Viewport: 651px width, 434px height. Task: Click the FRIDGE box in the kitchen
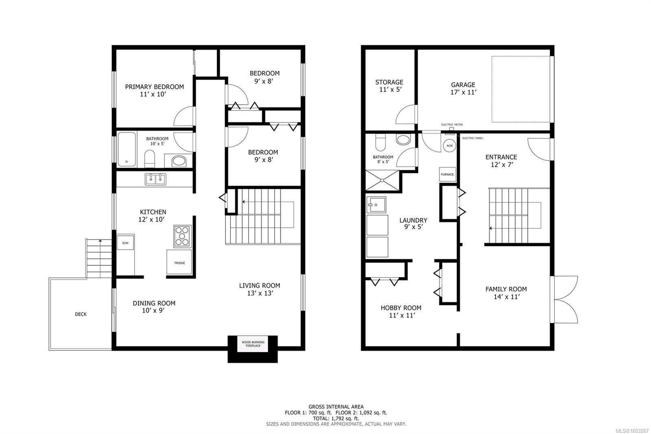point(179,263)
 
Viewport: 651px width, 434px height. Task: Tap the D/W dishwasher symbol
point(126,243)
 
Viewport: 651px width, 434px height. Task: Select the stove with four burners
point(182,236)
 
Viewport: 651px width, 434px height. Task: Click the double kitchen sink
point(155,179)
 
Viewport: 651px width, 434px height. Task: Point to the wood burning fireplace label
point(253,344)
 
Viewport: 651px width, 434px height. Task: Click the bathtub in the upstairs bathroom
point(127,149)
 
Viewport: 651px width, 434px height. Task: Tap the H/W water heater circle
point(450,145)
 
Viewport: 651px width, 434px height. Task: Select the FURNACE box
point(447,174)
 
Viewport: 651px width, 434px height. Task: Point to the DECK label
point(81,314)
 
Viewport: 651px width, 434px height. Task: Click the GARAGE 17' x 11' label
point(463,88)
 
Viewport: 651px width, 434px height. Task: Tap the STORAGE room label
point(389,85)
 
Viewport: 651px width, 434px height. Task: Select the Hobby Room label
point(401,311)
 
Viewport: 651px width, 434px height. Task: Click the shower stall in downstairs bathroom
point(382,180)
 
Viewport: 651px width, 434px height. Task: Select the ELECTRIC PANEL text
point(472,138)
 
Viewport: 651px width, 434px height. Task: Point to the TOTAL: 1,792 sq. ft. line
point(336,418)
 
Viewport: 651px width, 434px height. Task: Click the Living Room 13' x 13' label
point(259,289)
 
